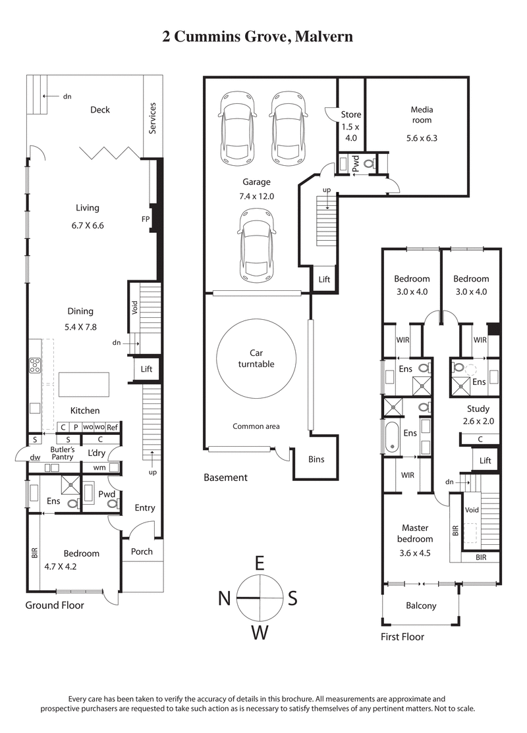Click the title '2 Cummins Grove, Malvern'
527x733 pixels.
click(258, 36)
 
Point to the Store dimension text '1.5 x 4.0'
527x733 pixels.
click(351, 132)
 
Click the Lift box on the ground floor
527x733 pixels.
click(146, 369)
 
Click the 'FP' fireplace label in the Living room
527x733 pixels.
click(146, 219)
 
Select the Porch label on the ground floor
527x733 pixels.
click(142, 551)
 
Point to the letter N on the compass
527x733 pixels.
click(225, 598)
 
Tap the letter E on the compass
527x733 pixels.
click(260, 563)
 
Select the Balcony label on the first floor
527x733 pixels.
click(421, 605)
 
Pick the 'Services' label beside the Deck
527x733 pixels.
click(153, 118)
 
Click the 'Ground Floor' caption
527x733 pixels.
click(55, 605)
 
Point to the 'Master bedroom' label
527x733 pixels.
click(414, 534)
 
